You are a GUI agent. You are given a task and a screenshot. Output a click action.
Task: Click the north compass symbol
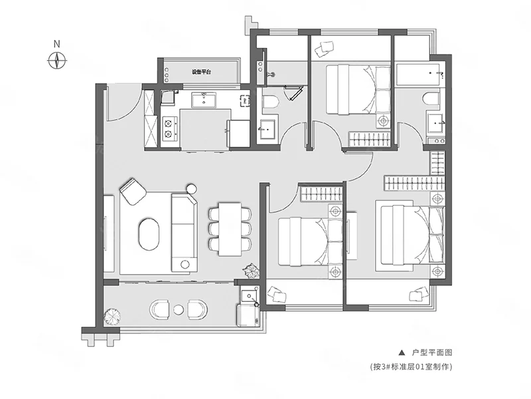click(x=57, y=61)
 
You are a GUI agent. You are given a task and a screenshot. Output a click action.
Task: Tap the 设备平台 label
click(x=202, y=72)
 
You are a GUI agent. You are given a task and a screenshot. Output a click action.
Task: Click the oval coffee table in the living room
click(x=149, y=234)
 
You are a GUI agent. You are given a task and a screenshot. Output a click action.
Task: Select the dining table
click(x=230, y=229)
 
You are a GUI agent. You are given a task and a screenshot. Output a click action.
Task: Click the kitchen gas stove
click(x=169, y=129)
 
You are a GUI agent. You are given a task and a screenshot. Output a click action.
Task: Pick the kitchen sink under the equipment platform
click(x=203, y=99)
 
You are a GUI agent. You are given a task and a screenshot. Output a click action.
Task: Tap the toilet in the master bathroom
click(x=430, y=98)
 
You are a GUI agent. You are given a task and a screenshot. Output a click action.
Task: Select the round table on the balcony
click(x=178, y=309)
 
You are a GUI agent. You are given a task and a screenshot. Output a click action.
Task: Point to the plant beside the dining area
click(x=251, y=271)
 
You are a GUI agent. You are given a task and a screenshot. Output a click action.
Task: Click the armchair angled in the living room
click(x=133, y=191)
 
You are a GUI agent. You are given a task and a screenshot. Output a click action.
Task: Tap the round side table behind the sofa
click(x=192, y=188)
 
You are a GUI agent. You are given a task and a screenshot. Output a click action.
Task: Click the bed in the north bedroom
click(x=358, y=90)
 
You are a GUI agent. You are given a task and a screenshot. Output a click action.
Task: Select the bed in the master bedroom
click(x=411, y=235)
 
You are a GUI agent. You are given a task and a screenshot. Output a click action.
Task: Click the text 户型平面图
click(x=432, y=353)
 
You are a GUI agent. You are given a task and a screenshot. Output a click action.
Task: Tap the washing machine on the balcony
click(x=248, y=315)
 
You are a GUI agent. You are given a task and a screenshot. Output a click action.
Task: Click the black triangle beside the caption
click(x=402, y=353)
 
